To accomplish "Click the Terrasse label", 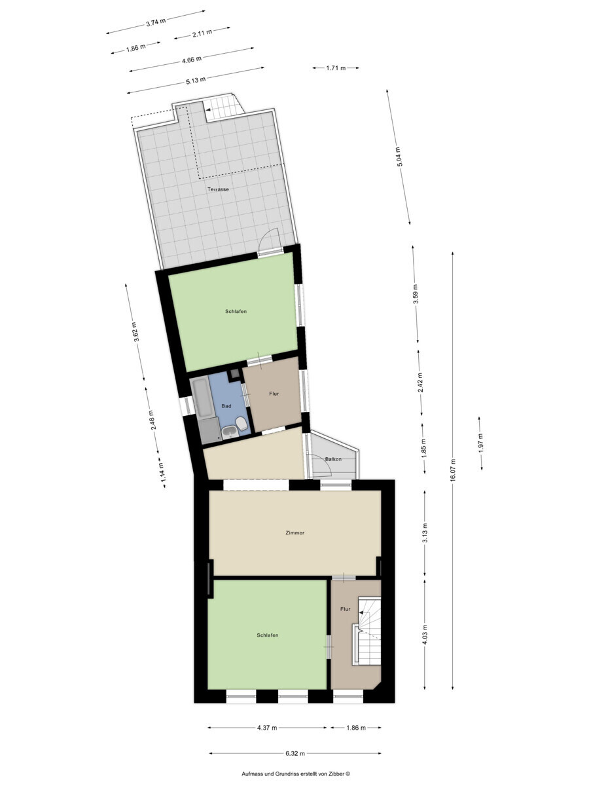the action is (x=218, y=189).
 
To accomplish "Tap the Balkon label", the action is (x=333, y=459).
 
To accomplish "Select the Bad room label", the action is (x=226, y=405).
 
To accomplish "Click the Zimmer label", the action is (x=294, y=533).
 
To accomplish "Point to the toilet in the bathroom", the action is (x=241, y=424).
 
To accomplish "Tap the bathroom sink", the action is (x=230, y=432).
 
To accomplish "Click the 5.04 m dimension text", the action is (x=399, y=157).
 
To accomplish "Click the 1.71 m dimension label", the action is (x=336, y=67).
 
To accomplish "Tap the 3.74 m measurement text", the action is (x=156, y=22).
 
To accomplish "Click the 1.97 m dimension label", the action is (x=480, y=443).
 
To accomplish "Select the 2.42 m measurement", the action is (x=420, y=383).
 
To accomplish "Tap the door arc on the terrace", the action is (x=268, y=236).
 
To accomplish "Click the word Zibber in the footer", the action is (x=337, y=774).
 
